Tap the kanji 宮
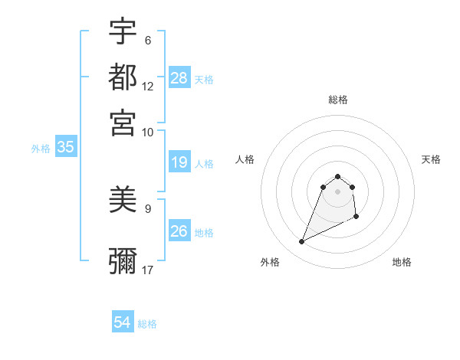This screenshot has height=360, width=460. (x=123, y=123)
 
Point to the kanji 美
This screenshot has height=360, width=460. (x=123, y=201)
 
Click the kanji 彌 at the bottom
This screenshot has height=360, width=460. (x=123, y=260)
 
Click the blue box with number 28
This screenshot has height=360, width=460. (x=179, y=78)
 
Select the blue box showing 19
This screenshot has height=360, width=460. (x=179, y=162)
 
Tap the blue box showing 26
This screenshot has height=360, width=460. (x=179, y=231)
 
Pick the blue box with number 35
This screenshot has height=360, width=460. (x=65, y=148)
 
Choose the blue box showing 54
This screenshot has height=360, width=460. (x=123, y=322)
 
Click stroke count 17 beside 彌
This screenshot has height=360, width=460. (x=148, y=270)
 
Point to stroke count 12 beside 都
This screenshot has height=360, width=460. (x=148, y=87)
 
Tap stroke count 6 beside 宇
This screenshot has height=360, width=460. (x=148, y=41)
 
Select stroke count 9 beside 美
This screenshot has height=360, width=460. (x=148, y=208)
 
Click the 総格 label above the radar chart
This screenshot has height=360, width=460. (x=338, y=100)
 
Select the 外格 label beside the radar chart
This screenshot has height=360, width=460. (x=270, y=262)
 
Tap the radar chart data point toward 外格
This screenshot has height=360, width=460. (x=302, y=242)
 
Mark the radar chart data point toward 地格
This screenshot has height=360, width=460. (x=357, y=218)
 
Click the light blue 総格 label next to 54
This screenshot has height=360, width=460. (x=147, y=324)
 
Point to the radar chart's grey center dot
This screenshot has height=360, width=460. (x=338, y=191)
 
